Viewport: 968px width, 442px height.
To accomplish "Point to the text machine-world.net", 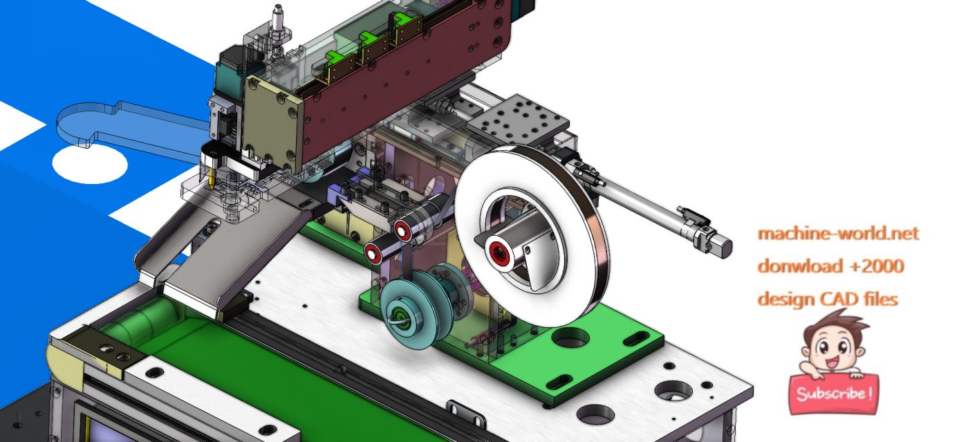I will [x=838, y=234].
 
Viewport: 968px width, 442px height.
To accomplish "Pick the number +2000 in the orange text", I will [x=876, y=266].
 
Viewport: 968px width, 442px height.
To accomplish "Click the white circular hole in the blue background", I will [x=90, y=164].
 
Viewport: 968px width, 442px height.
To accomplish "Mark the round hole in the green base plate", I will [x=571, y=338].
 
